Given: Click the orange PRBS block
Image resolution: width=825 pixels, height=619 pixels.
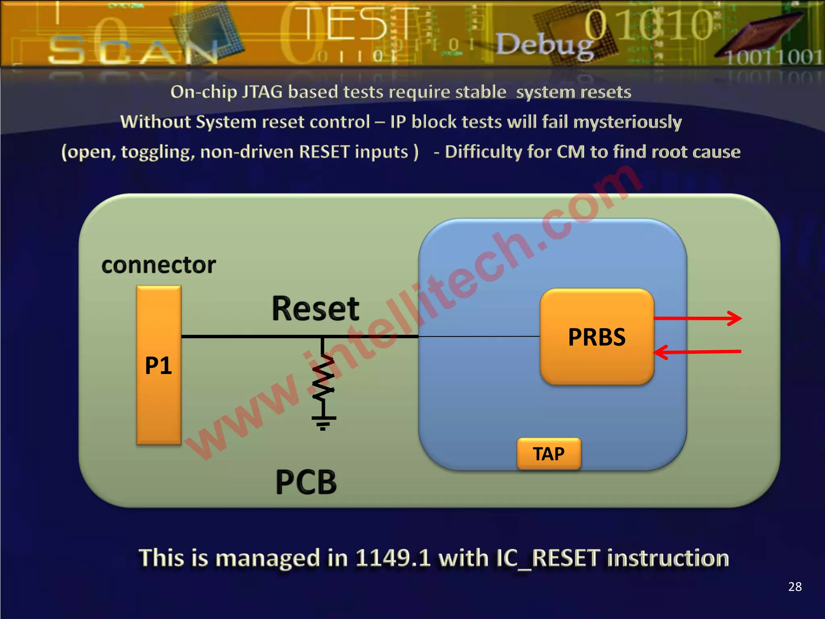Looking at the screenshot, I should click(x=597, y=337).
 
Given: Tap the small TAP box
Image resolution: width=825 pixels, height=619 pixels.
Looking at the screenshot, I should click(x=549, y=454).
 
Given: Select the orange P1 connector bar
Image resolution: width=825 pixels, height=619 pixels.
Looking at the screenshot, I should click(x=159, y=365).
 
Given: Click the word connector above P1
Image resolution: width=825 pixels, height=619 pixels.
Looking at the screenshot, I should click(x=158, y=265).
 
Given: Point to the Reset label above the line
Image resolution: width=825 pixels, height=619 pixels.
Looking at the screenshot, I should click(x=315, y=309).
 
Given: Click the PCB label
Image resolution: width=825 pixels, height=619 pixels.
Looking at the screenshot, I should click(x=306, y=482).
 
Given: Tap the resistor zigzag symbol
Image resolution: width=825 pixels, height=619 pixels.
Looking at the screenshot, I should click(x=323, y=379).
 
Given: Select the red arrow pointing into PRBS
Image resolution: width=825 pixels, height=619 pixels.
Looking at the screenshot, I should click(x=697, y=352).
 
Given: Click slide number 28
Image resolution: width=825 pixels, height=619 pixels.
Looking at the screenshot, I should click(x=795, y=587).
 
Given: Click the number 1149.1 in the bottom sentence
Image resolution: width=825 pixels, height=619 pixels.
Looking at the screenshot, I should click(x=393, y=559).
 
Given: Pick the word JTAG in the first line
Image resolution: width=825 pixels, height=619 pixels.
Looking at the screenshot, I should click(x=262, y=92).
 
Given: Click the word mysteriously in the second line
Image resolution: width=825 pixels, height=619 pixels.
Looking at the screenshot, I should click(x=627, y=122).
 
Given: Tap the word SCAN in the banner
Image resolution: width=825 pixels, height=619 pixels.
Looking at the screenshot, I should click(x=133, y=50).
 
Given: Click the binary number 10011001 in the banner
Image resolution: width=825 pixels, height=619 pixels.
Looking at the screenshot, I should click(x=773, y=57).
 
